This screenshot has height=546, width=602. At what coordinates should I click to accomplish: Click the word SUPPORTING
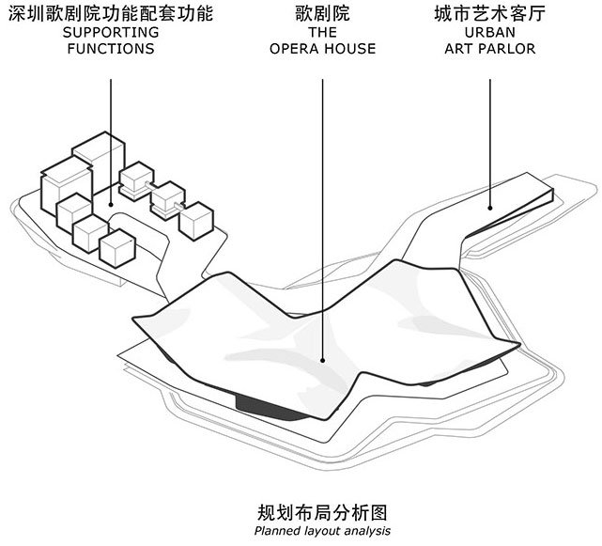point(111,33)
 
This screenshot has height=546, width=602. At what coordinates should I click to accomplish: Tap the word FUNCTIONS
point(111,49)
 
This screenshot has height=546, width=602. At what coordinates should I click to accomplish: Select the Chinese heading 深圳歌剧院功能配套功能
point(111,15)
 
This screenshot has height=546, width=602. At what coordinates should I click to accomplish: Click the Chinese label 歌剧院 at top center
point(322,15)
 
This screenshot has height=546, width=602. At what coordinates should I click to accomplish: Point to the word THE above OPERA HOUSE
point(322,33)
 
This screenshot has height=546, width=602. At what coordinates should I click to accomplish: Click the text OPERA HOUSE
point(322,49)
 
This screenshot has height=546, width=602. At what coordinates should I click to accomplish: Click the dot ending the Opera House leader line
point(322,358)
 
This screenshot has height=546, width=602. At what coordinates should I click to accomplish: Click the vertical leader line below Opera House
point(322,216)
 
